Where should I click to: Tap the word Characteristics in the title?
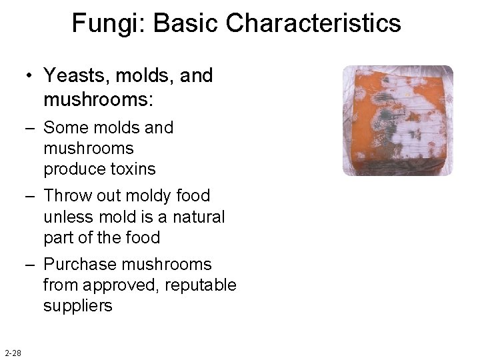pos(313,24)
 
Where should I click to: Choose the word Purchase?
pos(80,265)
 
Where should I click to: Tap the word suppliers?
pos(78,306)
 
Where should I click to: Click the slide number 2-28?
pos(12,353)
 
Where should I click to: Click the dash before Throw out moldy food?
pos(31,196)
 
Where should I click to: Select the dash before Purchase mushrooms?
pos(31,265)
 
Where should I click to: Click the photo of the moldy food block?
pos(397,121)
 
